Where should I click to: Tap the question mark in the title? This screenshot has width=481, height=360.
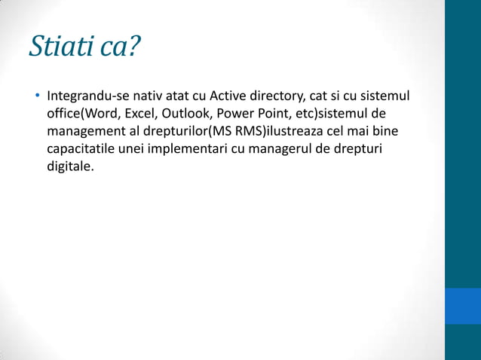pyautogui.click(x=133, y=47)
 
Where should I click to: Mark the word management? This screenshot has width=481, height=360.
pyautogui.click(x=82, y=132)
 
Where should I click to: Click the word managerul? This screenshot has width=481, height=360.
pyautogui.click(x=278, y=148)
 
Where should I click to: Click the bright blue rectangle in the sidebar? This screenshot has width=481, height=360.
pyautogui.click(x=462, y=305)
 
